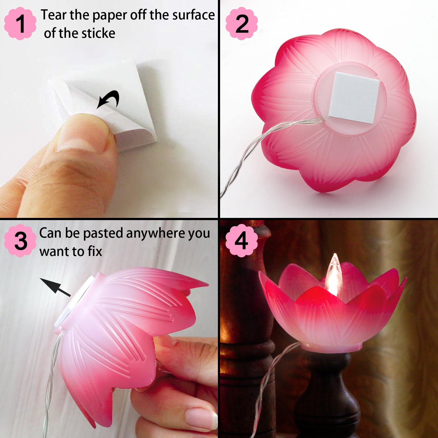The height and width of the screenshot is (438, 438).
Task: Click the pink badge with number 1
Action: point(20,24)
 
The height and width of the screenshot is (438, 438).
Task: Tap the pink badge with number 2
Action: point(242,24)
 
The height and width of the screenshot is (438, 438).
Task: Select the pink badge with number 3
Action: point(20,241)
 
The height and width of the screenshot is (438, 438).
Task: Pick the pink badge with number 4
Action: point(242,241)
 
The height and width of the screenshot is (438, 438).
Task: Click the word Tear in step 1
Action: point(54,15)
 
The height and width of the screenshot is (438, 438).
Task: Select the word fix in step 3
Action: point(95,251)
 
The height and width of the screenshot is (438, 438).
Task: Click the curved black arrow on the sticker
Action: point(109,99)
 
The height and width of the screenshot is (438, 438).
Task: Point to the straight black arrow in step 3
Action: point(55,287)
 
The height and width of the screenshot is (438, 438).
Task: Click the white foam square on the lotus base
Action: point(354,98)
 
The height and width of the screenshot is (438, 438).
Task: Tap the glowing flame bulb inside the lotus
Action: point(333,274)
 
